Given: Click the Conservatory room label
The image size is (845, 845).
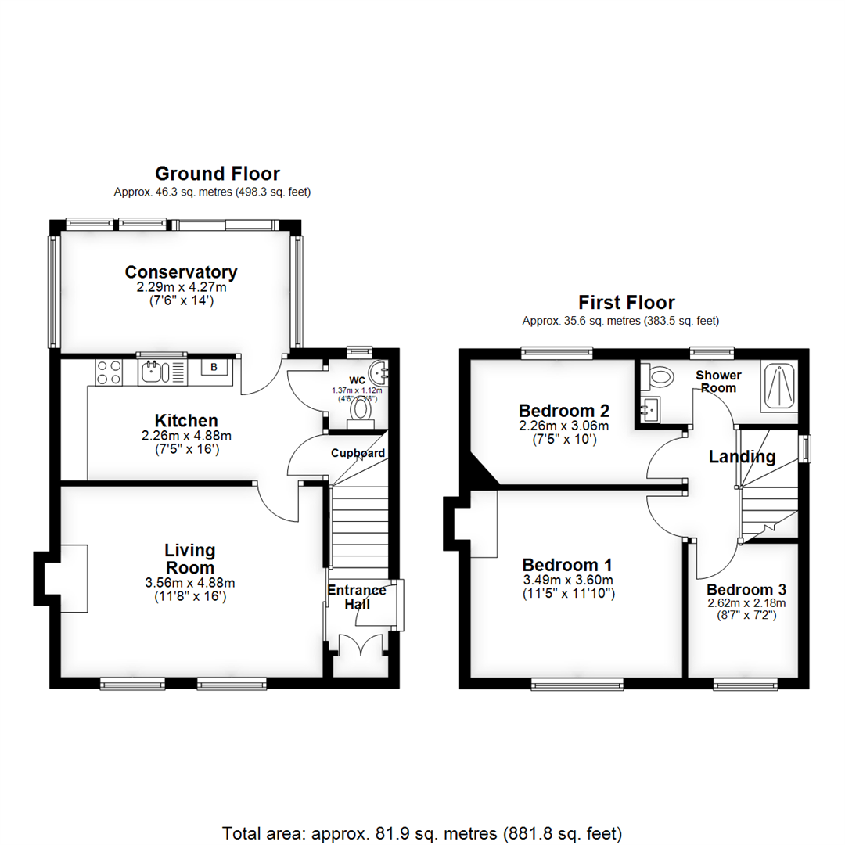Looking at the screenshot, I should coord(181,272).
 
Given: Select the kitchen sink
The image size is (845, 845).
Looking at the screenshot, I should coord(155,372).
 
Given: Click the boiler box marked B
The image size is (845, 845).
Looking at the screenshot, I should coord(213,366).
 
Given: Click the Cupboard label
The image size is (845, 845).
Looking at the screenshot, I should coord(358,453).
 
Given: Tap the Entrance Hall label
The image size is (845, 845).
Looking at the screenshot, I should coord(356,598).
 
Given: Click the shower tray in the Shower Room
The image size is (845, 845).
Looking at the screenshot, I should coord(779,387).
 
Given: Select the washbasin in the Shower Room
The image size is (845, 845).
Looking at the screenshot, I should coord(649,408).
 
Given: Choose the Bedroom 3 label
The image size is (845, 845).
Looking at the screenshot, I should coord(746,590).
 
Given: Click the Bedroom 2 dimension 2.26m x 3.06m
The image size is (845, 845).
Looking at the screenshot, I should coord(563,426).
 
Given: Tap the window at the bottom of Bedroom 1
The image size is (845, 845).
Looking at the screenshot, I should coord(577,685).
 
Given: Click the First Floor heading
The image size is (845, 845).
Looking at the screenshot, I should coord(626,302).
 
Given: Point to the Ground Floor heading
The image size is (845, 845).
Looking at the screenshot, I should coord(217,174).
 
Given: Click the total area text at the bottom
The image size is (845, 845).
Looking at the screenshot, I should coord(422,832).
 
